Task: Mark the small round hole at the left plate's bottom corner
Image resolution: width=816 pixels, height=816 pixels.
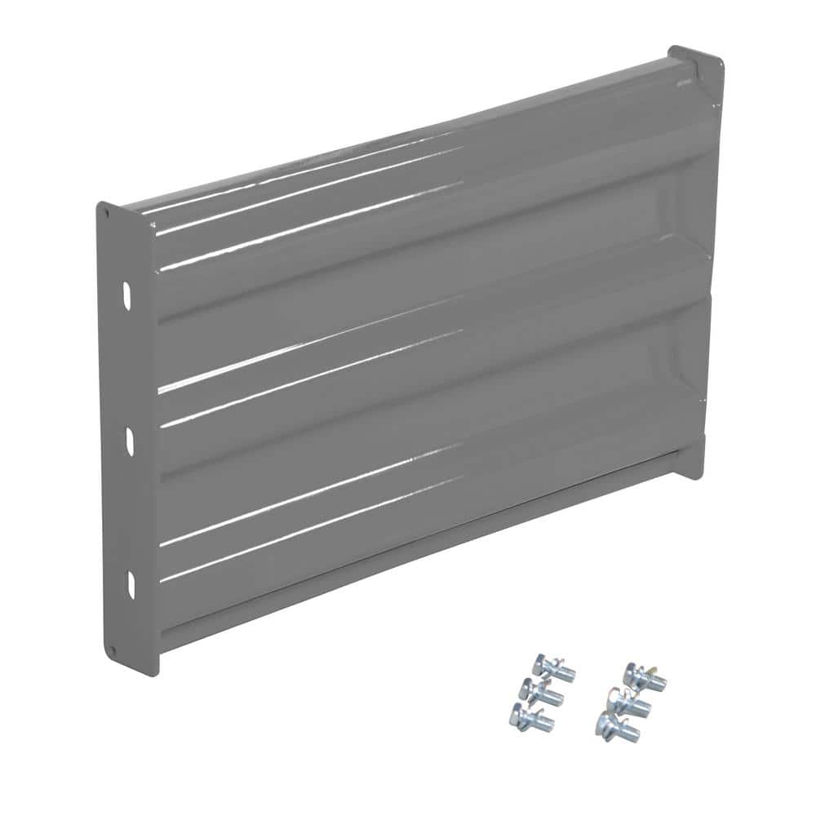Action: coord(113,650)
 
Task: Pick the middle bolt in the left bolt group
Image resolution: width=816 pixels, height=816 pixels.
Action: coord(541,692)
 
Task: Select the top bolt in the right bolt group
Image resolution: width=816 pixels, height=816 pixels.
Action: coord(645,674)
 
